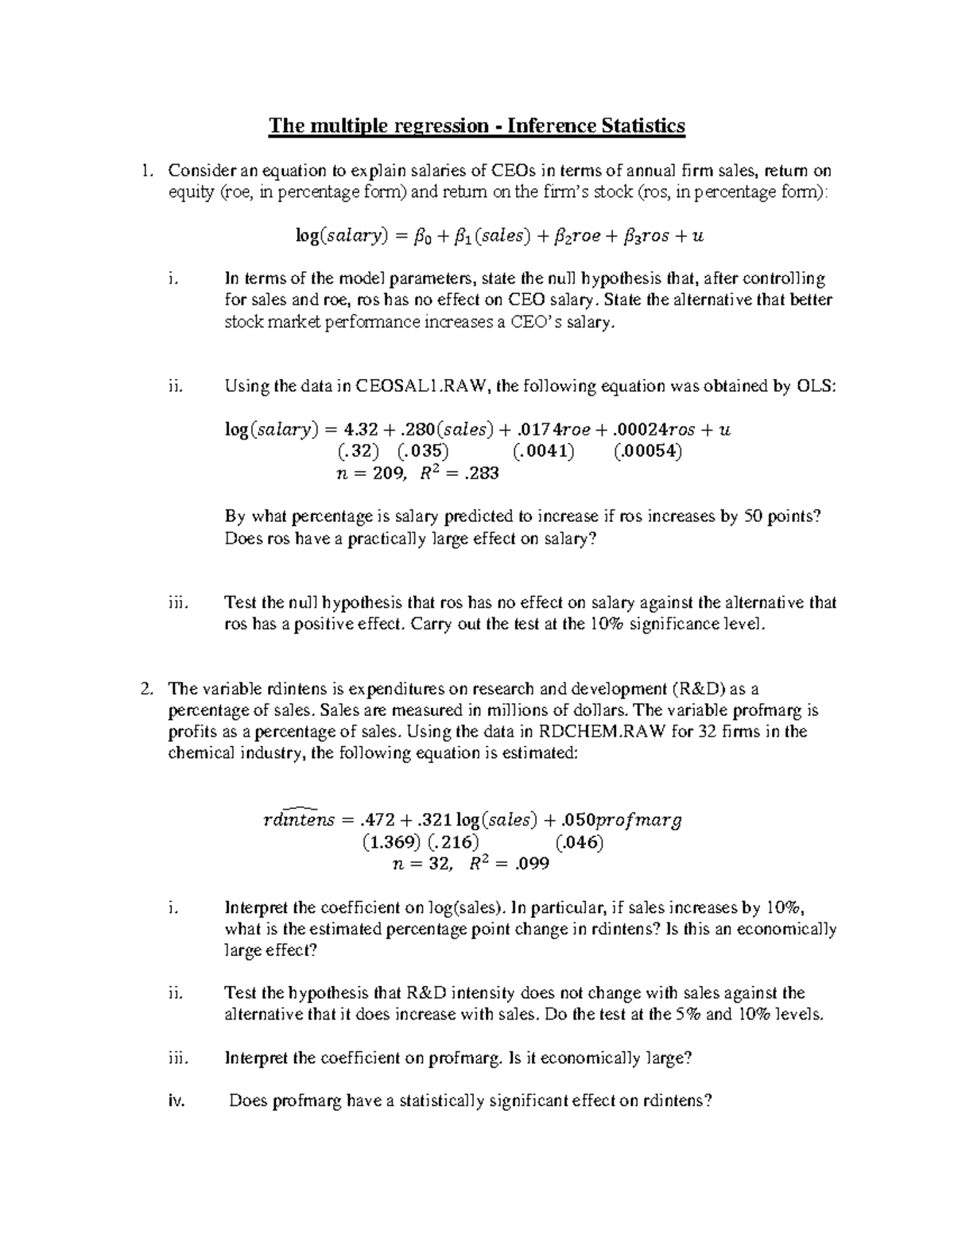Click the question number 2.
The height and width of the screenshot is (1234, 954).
click(x=144, y=689)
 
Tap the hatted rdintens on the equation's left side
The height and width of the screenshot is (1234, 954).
click(x=299, y=818)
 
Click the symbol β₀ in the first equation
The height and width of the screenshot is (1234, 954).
click(x=404, y=236)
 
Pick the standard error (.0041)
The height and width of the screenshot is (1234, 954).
click(x=544, y=451)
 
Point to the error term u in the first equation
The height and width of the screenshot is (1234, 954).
click(x=698, y=236)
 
